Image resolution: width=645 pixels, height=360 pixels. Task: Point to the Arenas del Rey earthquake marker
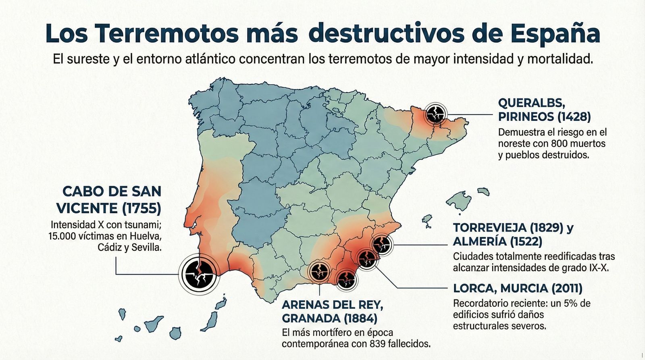coord(319,272)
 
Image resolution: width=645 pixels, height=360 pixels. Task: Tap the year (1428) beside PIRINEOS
coord(574,117)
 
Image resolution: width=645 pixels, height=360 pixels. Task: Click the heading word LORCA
coord(472,288)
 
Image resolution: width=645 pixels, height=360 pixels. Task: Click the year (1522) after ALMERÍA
coord(526,241)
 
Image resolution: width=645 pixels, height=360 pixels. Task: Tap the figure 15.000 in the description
coord(62,236)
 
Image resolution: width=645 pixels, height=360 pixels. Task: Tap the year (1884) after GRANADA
coord(360,318)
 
